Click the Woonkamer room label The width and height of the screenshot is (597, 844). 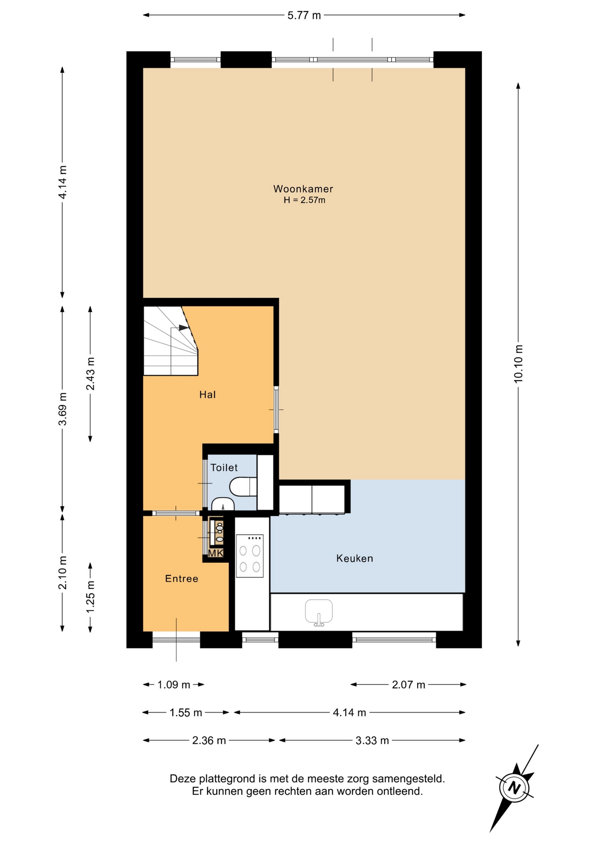tap(303, 189)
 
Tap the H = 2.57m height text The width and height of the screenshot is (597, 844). tap(304, 200)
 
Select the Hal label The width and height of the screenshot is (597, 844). tap(207, 395)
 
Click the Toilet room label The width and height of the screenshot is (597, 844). tap(224, 468)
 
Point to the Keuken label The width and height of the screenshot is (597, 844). tap(355, 558)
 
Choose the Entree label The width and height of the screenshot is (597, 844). tap(182, 578)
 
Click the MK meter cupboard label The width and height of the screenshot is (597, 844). tap(215, 553)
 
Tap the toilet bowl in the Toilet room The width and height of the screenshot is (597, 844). tap(243, 487)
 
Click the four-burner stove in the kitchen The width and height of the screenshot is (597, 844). tap(250, 556)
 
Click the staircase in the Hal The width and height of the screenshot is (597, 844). tap(171, 341)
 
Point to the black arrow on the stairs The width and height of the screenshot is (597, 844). tap(184, 327)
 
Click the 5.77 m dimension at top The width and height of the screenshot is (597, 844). tap(304, 15)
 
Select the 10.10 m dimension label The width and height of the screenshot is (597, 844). tap(519, 364)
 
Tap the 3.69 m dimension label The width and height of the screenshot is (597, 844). tap(63, 409)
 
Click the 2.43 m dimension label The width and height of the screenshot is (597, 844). tap(90, 374)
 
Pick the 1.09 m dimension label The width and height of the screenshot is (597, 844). tap(174, 685)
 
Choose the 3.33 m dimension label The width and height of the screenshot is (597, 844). tap(372, 741)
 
